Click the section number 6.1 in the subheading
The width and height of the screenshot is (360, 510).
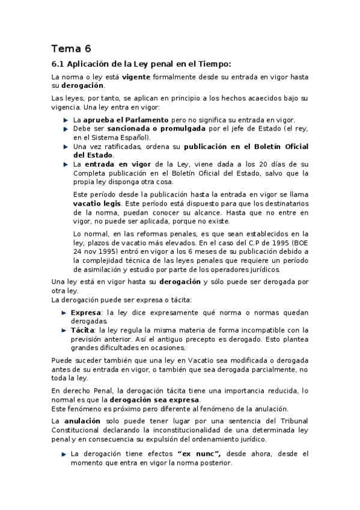58,63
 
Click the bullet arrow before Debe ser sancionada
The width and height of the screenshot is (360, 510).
66,129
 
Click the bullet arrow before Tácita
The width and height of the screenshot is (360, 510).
66,330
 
